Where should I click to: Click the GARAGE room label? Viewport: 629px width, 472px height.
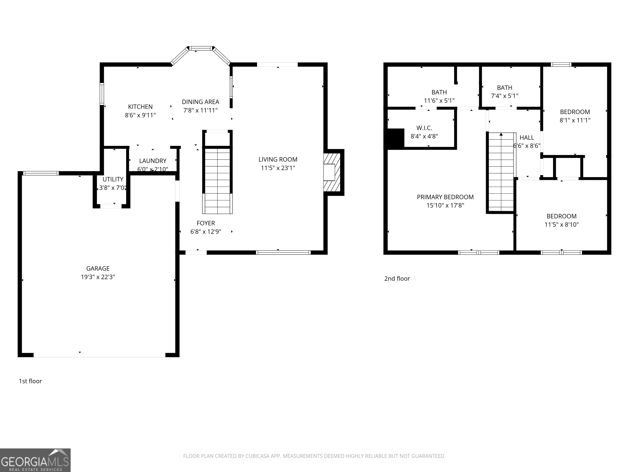(98, 268)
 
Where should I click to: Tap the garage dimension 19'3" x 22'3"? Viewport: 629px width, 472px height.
(98, 277)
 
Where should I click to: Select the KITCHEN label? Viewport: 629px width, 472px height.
(140, 107)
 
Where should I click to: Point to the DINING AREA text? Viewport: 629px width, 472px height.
(200, 102)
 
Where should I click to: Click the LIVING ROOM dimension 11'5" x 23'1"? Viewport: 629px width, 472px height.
(278, 168)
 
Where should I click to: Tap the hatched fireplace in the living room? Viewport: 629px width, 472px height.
(332, 172)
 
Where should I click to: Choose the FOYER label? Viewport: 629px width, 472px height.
(206, 223)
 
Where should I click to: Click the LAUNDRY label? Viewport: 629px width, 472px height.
(153, 161)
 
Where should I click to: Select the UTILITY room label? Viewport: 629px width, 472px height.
(113, 179)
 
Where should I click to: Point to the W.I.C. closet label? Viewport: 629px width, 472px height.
(424, 128)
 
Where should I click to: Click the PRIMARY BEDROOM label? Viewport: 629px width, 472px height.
(445, 197)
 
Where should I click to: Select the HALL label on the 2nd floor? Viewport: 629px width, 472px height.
(527, 138)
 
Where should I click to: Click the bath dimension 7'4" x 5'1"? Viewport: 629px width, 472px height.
(505, 96)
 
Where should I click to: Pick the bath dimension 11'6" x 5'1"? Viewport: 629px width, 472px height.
(439, 100)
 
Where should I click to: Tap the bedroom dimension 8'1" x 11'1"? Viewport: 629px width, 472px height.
(575, 120)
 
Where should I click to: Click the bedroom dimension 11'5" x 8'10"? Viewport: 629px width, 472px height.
(561, 225)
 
